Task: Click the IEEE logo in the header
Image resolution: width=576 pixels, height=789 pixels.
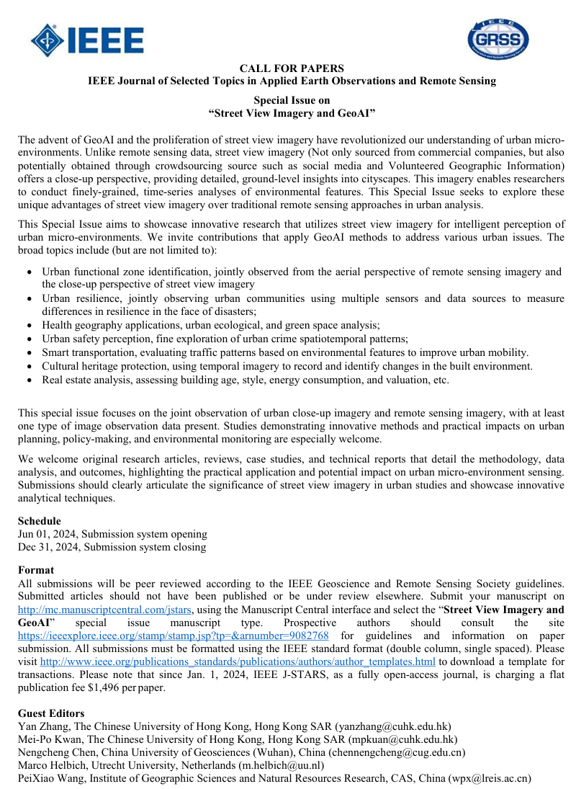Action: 87,40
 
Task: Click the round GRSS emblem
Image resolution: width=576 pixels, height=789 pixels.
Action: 498,40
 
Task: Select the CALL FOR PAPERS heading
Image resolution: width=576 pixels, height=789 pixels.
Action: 292,68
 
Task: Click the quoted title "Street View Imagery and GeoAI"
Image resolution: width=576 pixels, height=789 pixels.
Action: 292,113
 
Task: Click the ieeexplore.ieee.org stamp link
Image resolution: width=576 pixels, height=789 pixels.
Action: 174,636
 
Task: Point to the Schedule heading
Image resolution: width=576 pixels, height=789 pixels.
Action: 39,521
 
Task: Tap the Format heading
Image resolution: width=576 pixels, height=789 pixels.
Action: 35,570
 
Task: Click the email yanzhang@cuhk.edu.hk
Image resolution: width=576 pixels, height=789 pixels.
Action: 393,726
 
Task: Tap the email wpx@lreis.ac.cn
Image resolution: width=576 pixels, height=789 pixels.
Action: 490,778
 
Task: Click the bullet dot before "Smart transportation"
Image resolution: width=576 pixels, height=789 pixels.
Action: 28,352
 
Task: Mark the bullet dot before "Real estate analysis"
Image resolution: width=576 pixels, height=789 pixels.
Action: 28,380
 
